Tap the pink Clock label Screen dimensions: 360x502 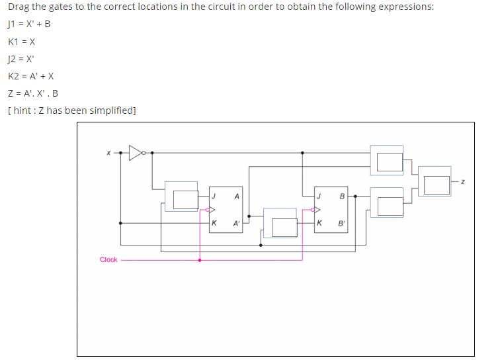click(x=108, y=259)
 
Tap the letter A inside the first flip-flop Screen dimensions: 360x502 click(x=236, y=197)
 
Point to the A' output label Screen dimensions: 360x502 click(x=236, y=223)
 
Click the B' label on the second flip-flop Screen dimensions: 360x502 click(x=341, y=223)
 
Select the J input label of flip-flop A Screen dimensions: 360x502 click(x=214, y=197)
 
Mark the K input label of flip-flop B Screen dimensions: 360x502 click(x=319, y=223)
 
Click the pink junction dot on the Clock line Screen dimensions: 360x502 click(x=200, y=259)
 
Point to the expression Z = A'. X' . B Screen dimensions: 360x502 click(x=33, y=93)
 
